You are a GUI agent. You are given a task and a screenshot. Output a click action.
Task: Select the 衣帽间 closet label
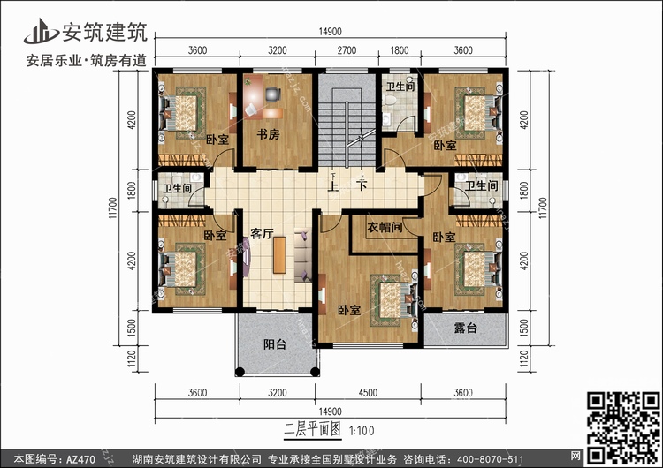[385, 228]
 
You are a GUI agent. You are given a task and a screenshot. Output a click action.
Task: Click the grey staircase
[349, 124]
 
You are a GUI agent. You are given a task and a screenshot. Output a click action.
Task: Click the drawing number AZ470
[81, 458]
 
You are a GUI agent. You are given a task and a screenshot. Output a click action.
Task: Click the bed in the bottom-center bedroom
[390, 296]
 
